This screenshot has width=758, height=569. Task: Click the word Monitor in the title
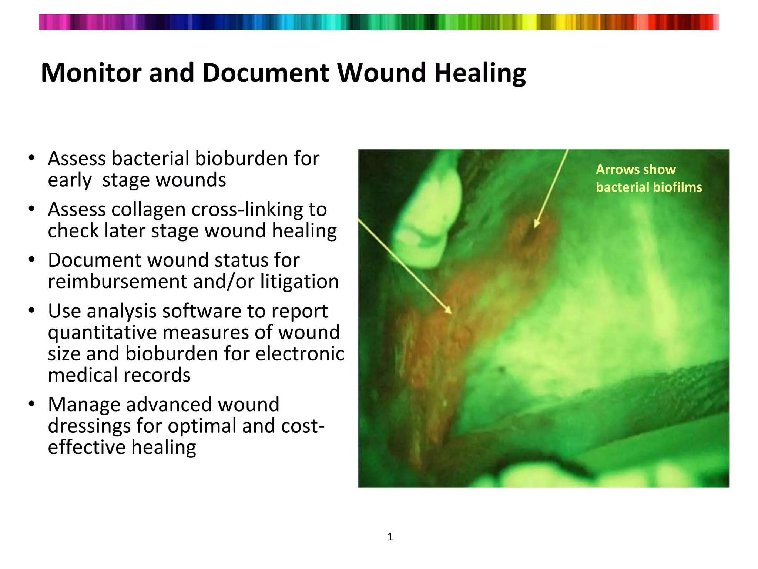[x=91, y=73]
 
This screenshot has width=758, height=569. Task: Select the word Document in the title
[x=265, y=73]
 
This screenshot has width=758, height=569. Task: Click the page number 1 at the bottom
[x=390, y=537]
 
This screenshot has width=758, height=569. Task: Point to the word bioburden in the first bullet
[x=241, y=159]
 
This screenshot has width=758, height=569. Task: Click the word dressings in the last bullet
[x=89, y=426]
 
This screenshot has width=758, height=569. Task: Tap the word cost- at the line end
[x=303, y=426]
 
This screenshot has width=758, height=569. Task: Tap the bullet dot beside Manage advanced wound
[x=32, y=403]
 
